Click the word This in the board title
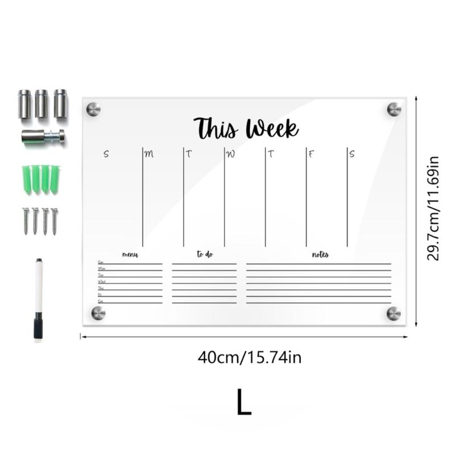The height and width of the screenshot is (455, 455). pyautogui.click(x=216, y=128)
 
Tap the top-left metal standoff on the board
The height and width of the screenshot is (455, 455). pyautogui.click(x=93, y=109)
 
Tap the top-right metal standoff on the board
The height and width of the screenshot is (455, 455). pyautogui.click(x=394, y=109)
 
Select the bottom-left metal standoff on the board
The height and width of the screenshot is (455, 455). pyautogui.click(x=98, y=312)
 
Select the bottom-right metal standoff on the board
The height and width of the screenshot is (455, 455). pyautogui.click(x=394, y=313)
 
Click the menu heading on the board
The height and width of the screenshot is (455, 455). pyautogui.click(x=130, y=255)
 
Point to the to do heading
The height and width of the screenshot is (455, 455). pyautogui.click(x=205, y=255)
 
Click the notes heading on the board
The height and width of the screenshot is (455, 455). pyautogui.click(x=320, y=255)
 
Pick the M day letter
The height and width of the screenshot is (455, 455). pyautogui.click(x=149, y=154)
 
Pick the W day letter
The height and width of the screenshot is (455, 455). pyautogui.click(x=230, y=154)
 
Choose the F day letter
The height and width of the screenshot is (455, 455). pyautogui.click(x=311, y=154)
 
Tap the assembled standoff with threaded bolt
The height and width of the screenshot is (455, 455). pyautogui.click(x=43, y=136)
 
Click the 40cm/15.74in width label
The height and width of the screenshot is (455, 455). pyautogui.click(x=249, y=358)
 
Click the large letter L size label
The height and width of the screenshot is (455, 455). pyautogui.click(x=244, y=402)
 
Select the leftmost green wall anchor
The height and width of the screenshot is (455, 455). pyautogui.click(x=26, y=179)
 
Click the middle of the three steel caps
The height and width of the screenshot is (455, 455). pyautogui.click(x=42, y=104)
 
